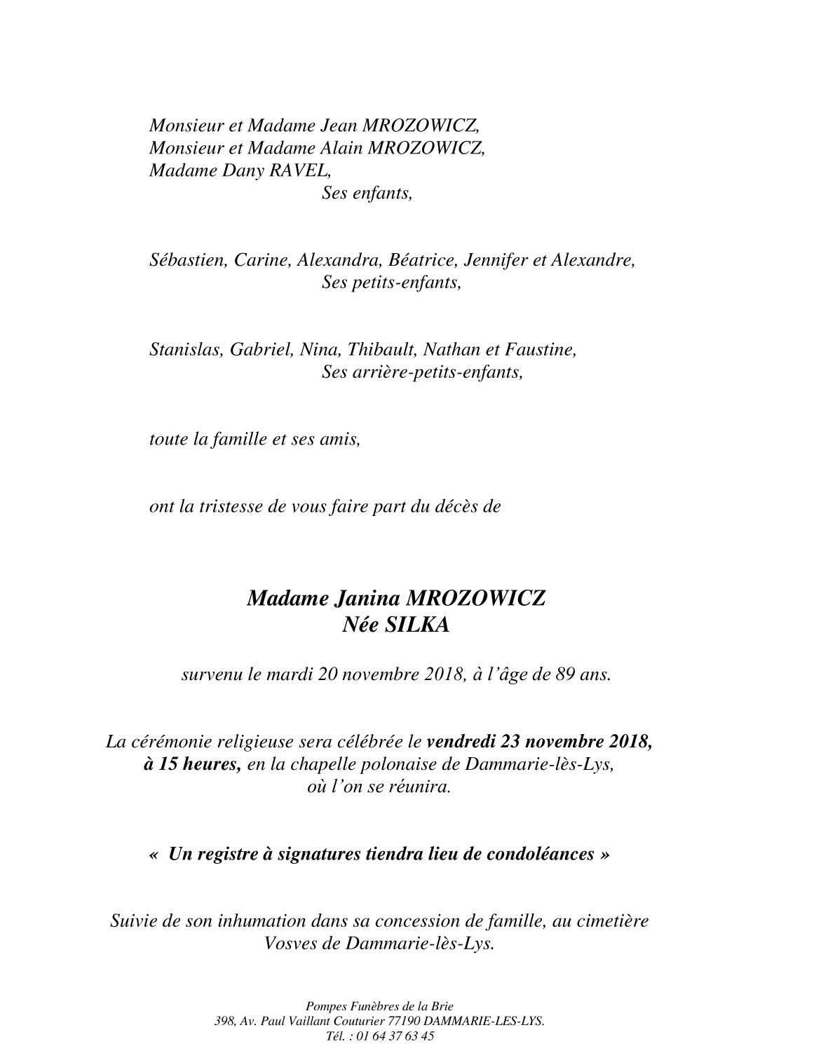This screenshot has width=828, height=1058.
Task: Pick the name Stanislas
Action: pyautogui.click(x=184, y=349)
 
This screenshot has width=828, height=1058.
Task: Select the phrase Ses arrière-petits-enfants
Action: pyautogui.click(x=422, y=372)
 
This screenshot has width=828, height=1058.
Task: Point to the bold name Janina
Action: pyautogui.click(x=366, y=599)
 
